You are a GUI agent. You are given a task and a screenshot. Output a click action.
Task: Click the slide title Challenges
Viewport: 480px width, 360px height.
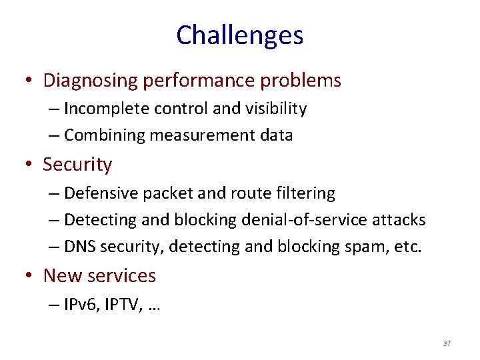[x=239, y=35]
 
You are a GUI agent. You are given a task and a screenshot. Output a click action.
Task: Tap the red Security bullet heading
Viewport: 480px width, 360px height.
[x=77, y=164]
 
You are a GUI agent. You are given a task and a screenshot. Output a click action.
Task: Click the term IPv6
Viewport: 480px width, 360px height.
[x=78, y=305]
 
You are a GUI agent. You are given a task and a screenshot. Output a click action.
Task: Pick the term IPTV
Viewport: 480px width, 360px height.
[x=119, y=305]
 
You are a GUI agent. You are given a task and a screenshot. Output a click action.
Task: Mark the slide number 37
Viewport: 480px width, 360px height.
[x=447, y=343]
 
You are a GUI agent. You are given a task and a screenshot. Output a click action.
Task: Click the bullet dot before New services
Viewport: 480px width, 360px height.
[x=31, y=276]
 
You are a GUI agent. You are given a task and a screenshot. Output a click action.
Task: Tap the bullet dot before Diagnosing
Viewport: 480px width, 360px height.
[x=31, y=81]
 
